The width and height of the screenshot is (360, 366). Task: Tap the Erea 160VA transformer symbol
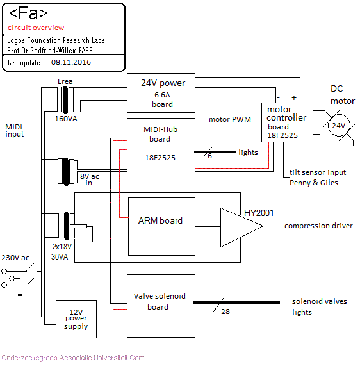[65, 99]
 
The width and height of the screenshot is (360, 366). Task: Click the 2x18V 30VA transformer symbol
[67, 226]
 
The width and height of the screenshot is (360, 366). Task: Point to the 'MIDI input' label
[15, 131]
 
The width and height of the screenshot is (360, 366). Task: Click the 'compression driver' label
[318, 226]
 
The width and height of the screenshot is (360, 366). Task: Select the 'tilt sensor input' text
[318, 172]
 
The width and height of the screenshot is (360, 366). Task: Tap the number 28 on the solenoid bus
[225, 312]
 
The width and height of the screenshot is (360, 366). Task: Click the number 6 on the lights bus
[209, 156]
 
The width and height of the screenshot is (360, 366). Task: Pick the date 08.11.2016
[71, 62]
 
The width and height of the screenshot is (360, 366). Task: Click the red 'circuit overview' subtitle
[36, 28]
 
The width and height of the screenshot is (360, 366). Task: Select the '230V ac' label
[15, 258]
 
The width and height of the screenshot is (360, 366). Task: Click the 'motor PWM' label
[230, 119]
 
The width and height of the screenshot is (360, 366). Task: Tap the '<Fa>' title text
[28, 13]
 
